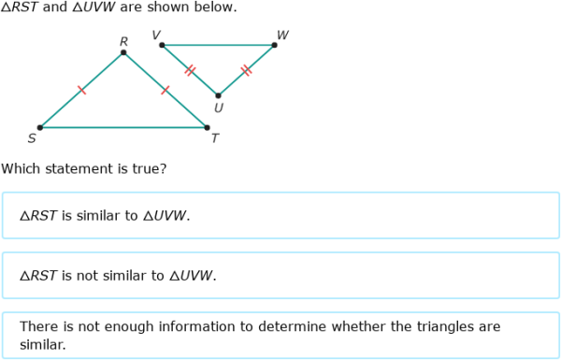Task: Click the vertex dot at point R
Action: [x=123, y=53]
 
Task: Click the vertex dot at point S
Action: [x=39, y=127]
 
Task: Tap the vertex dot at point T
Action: [x=207, y=127]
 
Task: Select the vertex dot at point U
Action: [x=218, y=95]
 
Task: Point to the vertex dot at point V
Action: [x=162, y=45]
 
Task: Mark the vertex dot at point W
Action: [x=274, y=45]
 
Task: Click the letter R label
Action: [x=123, y=41]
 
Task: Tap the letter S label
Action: [x=32, y=139]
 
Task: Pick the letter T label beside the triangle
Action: [x=214, y=139]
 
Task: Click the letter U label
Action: [x=218, y=108]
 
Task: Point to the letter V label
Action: [x=155, y=36]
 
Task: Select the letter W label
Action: [x=282, y=36]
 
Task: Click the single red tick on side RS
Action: [x=81, y=90]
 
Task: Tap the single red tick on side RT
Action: [x=165, y=90]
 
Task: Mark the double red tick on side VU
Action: [x=190, y=70]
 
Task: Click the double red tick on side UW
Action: [x=246, y=70]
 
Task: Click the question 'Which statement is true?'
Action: [x=84, y=169]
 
